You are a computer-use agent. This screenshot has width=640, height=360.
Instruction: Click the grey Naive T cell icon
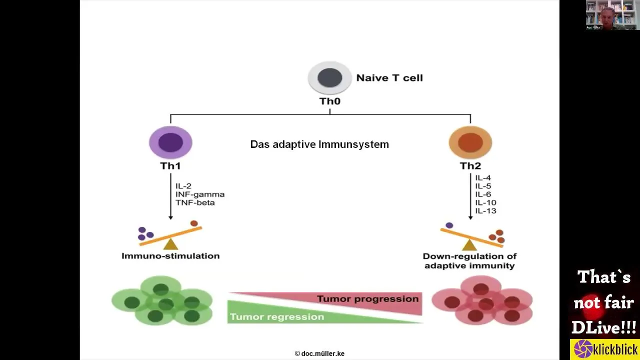coord(329,77)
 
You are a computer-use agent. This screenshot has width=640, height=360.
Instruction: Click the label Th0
coord(329,101)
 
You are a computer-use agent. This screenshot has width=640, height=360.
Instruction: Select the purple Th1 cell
coord(170,142)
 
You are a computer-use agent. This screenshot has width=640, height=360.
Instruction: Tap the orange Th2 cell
coord(470,142)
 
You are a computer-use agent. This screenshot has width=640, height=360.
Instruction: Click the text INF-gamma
coord(199,194)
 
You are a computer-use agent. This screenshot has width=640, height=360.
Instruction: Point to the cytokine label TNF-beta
coord(195,202)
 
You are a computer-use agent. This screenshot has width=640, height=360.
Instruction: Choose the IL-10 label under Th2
coord(485,202)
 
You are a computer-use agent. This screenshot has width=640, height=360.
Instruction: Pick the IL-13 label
coord(485,211)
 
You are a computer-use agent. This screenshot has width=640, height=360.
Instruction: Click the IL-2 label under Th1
coord(183,186)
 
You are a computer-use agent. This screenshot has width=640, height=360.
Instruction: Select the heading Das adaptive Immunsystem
coord(319,144)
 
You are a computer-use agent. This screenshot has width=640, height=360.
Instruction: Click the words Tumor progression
coord(367,299)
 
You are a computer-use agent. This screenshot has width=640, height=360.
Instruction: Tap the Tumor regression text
coord(276,317)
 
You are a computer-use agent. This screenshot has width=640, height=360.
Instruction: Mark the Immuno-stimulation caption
coord(170,256)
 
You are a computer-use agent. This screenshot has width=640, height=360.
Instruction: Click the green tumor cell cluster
coord(162,301)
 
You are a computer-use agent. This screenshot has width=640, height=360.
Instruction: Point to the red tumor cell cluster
coord(482,301)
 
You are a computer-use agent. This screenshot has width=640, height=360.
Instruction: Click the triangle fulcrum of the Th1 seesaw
coord(170,244)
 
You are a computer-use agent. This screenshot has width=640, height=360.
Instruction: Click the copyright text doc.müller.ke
coord(319,353)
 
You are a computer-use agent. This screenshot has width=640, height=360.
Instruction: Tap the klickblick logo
coord(605,349)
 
